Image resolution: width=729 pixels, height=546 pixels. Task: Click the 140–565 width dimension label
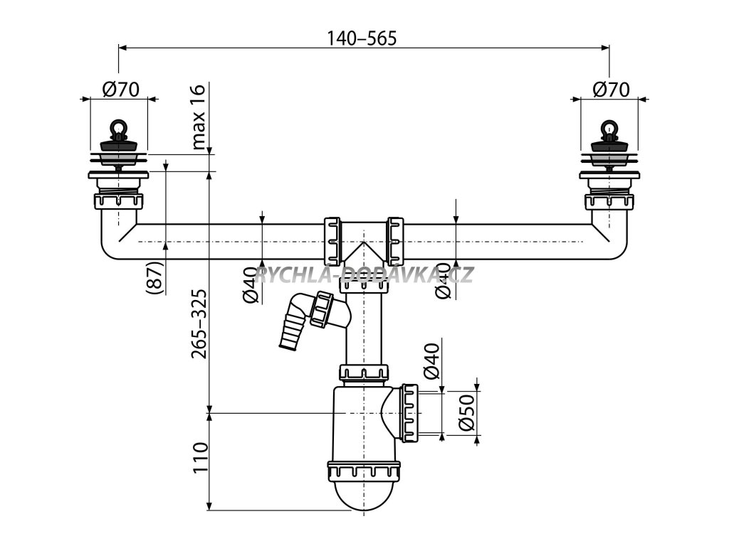[362, 38]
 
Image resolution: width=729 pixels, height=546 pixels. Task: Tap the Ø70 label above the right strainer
[610, 90]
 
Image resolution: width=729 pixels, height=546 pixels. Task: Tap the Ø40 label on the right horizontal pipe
[443, 281]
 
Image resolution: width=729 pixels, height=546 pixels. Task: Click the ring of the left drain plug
[117, 129]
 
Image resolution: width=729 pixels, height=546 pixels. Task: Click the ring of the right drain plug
[608, 129]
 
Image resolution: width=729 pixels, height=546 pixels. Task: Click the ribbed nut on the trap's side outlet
[409, 412]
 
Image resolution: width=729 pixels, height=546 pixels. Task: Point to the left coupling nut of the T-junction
[332, 239]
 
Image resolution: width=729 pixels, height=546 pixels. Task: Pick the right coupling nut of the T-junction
[394, 239]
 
